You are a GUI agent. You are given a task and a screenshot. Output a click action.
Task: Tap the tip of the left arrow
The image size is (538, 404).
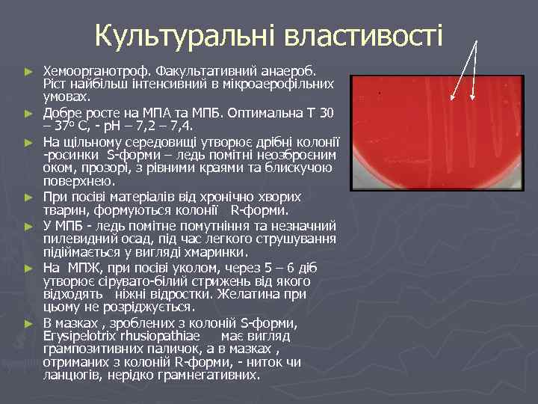[x=452, y=100]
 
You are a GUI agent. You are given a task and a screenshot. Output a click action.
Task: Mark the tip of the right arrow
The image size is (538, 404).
[x=474, y=100]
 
